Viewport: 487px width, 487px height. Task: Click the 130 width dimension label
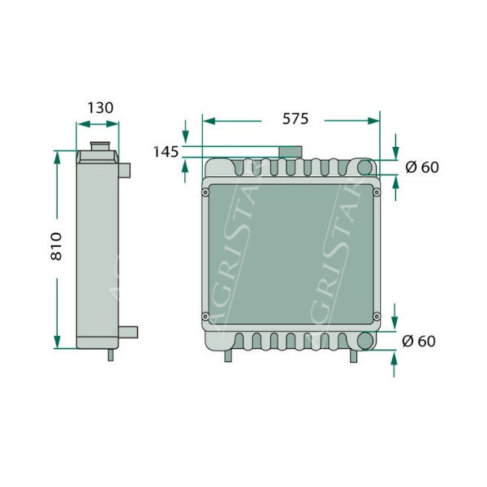[101, 108]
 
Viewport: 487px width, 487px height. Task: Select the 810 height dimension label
[56, 246]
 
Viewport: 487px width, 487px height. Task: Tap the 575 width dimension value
[295, 119]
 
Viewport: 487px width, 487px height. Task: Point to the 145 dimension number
[166, 152]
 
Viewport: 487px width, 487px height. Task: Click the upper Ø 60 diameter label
[422, 167]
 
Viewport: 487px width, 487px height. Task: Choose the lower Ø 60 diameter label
[419, 341]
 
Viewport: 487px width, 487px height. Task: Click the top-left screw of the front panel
[205, 192]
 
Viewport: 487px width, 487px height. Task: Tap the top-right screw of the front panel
[377, 192]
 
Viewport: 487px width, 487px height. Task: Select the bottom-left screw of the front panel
[205, 317]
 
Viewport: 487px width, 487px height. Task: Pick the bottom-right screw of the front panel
[377, 317]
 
